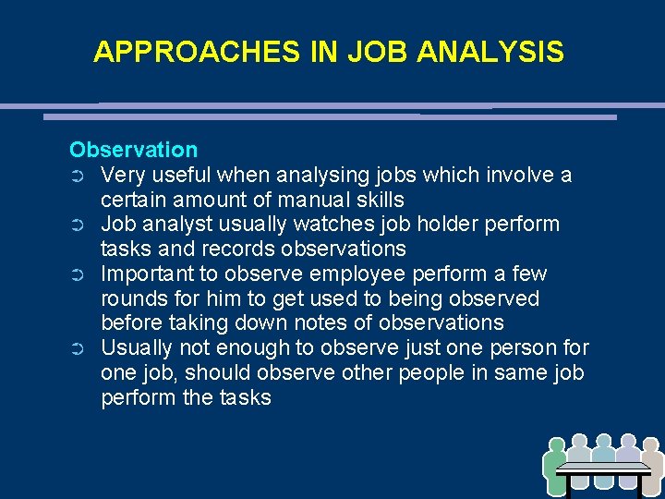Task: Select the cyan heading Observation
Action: coord(133,150)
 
